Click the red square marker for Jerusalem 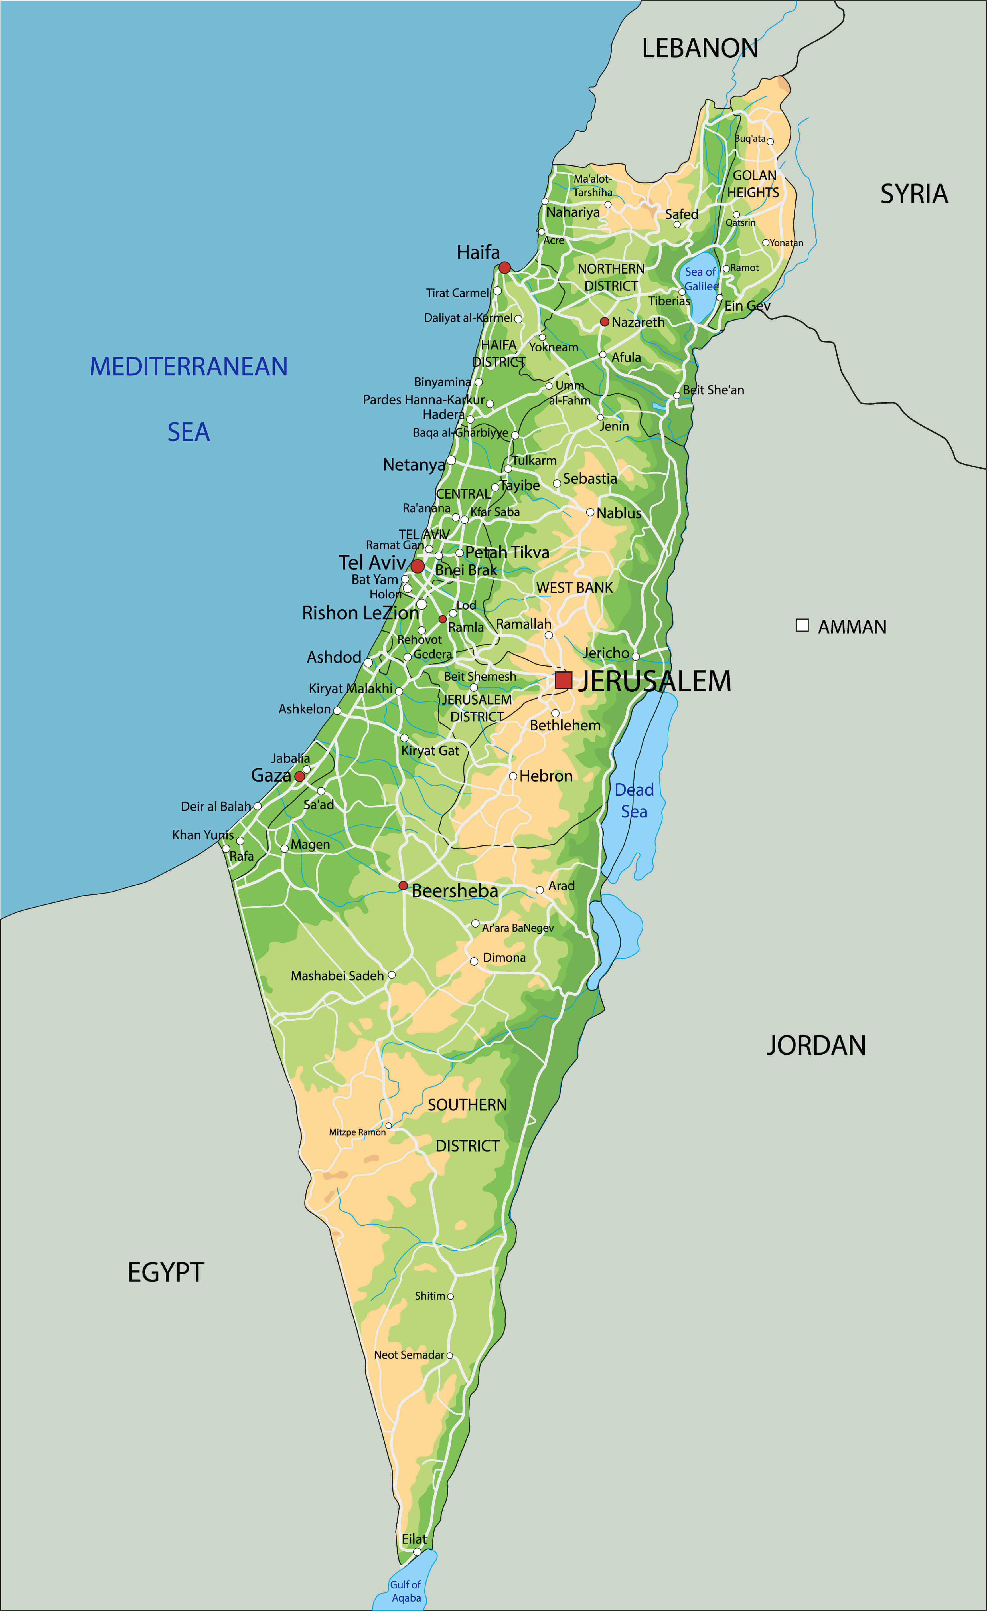pos(564,680)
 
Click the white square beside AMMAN pos(802,625)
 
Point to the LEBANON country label pos(699,48)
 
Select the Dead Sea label pos(634,800)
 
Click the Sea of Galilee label pos(701,278)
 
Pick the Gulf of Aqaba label pos(406,1591)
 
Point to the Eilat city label pos(414,1539)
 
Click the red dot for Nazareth pos(605,322)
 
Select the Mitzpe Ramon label pos(357,1132)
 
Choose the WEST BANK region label pos(575,588)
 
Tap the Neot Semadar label pos(409,1355)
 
